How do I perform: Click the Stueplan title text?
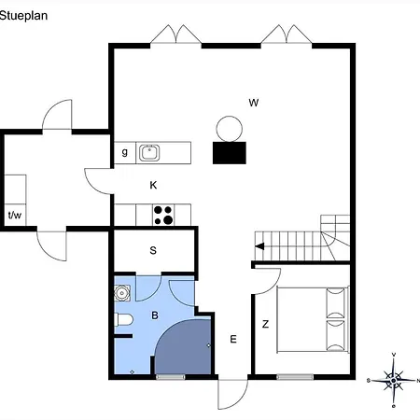pyautogui.click(x=23, y=16)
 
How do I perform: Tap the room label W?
pyautogui.click(x=254, y=103)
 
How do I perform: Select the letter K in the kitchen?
pyautogui.click(x=153, y=185)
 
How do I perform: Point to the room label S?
pyautogui.click(x=153, y=250)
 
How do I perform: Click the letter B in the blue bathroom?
pyautogui.click(x=155, y=315)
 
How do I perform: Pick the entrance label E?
pyautogui.click(x=233, y=339)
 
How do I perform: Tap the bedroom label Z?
pyautogui.click(x=265, y=324)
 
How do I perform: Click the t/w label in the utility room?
pyautogui.click(x=15, y=215)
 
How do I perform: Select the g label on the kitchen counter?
pyautogui.click(x=125, y=152)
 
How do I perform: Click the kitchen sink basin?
pyautogui.click(x=149, y=153)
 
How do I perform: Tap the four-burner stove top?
pyautogui.click(x=163, y=215)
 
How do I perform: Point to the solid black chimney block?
pyautogui.click(x=230, y=153)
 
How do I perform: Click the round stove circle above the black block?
pyautogui.click(x=230, y=129)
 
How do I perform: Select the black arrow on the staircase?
pyautogui.click(x=259, y=246)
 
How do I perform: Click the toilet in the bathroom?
pyautogui.click(x=124, y=319)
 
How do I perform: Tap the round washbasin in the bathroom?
pyautogui.click(x=121, y=293)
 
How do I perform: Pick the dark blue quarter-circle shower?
pyautogui.click(x=183, y=346)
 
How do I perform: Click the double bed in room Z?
pyautogui.click(x=313, y=319)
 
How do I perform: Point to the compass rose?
pyautogui.click(x=394, y=380)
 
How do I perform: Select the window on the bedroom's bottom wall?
pyautogui.click(x=295, y=377)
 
